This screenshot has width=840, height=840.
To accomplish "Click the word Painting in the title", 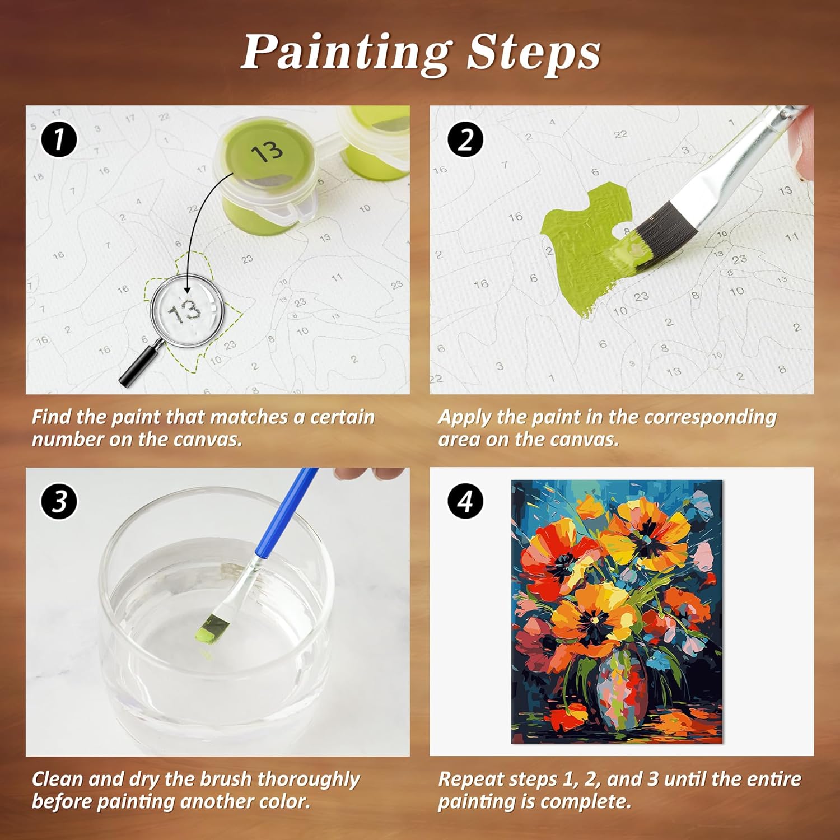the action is click(x=346, y=53).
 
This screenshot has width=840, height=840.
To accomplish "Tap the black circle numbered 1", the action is click(x=59, y=139).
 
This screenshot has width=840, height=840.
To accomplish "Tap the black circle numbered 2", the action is click(x=465, y=139).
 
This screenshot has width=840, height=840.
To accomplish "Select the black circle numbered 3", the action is click(x=59, y=501).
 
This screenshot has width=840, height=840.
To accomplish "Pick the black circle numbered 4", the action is click(x=465, y=501).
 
